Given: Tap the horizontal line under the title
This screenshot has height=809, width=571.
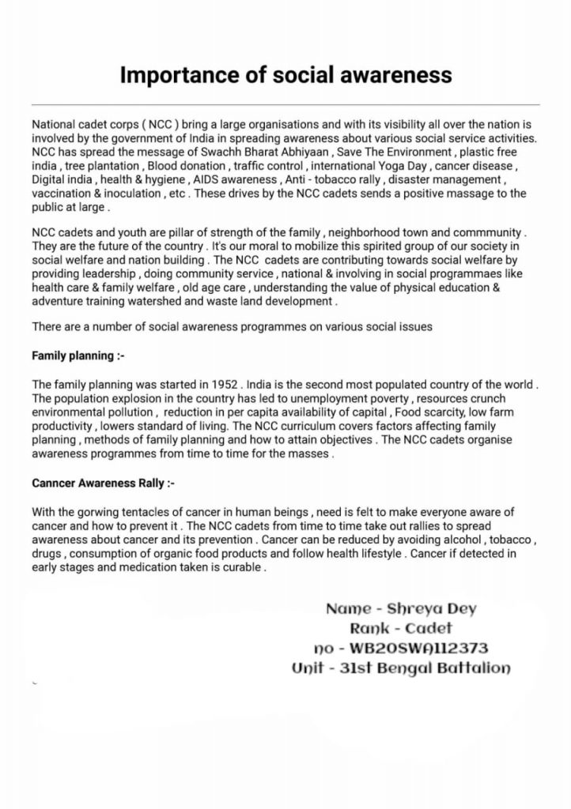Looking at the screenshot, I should coord(285,105).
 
